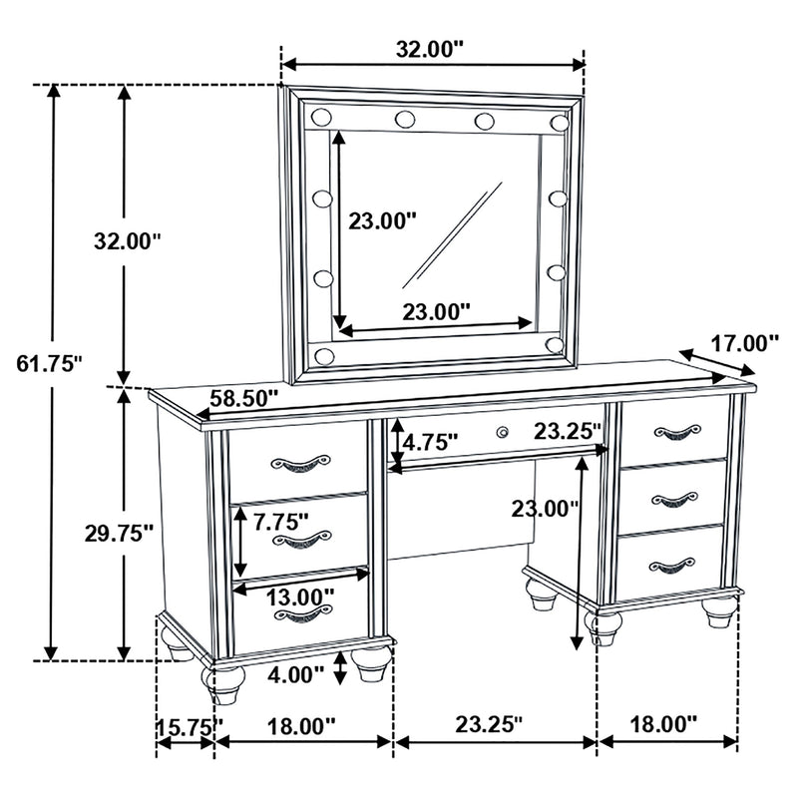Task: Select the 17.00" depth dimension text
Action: click(x=743, y=344)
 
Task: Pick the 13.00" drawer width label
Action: click(x=300, y=597)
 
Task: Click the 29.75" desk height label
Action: click(x=118, y=533)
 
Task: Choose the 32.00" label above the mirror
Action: click(x=431, y=47)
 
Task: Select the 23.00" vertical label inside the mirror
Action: click(x=383, y=221)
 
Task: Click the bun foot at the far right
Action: click(x=720, y=615)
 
